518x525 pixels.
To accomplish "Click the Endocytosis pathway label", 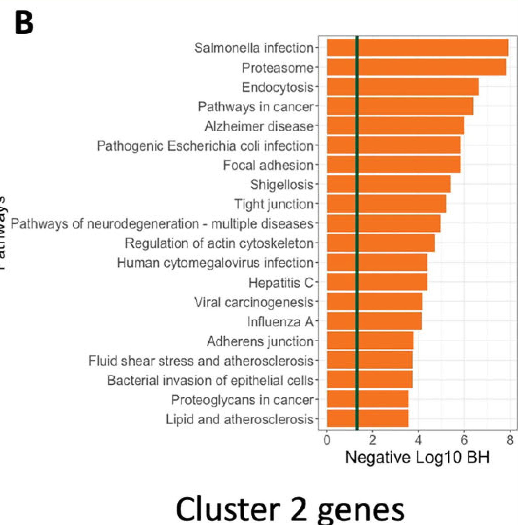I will (278, 87).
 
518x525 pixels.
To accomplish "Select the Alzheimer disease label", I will (259, 126).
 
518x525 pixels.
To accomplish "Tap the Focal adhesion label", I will (268, 165).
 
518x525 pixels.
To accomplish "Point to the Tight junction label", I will (274, 204).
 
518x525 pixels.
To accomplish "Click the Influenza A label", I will (280, 322).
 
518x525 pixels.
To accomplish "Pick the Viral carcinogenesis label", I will (254, 302).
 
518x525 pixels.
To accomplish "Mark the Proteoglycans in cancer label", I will (242, 400).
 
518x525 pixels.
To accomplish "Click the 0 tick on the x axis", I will (327, 440).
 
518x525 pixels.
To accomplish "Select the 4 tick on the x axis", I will (418, 440).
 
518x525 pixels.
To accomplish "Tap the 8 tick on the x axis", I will (510, 440).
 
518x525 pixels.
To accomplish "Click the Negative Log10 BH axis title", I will (417, 457).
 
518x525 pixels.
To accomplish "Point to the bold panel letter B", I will (24, 23).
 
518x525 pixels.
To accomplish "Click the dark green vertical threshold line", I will (357, 232).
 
